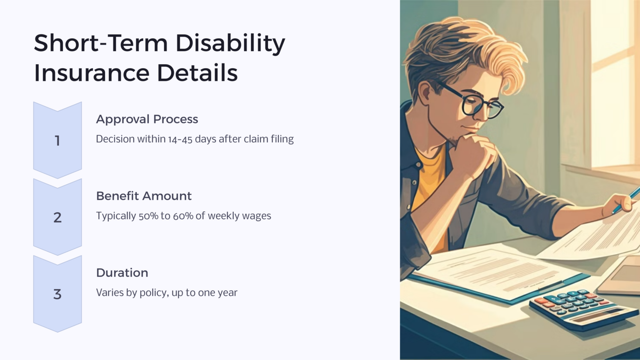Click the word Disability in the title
point(230,43)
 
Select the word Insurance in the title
point(91,73)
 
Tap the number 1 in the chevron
point(57,141)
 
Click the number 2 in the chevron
point(57,217)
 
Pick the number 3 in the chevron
point(57,294)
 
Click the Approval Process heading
point(147,119)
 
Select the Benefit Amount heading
point(144,196)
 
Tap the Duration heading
point(122,272)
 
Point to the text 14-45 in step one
point(180,139)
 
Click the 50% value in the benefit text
point(148,216)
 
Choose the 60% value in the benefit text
point(183,216)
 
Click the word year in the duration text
point(227,293)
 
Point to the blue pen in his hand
point(627,200)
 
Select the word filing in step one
point(282,139)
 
